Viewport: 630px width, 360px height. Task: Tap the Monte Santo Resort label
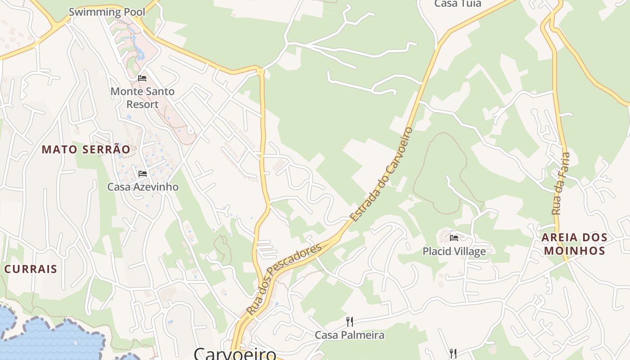[x=142, y=98]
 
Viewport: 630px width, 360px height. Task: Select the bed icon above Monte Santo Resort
[x=142, y=78]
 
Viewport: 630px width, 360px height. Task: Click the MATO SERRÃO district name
[x=86, y=149]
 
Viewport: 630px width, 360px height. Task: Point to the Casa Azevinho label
[x=143, y=187]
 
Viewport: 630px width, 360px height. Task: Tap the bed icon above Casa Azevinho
[x=143, y=174]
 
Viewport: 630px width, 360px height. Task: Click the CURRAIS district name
[x=31, y=269]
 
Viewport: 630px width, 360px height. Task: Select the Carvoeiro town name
[x=235, y=353]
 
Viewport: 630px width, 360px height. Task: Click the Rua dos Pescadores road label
[x=284, y=279]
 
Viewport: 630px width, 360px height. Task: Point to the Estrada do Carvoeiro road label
[x=382, y=174]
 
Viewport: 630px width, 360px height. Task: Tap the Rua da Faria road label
[x=561, y=183]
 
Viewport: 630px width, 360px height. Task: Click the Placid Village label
[x=454, y=251]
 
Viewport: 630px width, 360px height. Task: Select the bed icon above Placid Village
[x=454, y=238]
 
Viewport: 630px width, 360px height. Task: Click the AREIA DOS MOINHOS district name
[x=574, y=244]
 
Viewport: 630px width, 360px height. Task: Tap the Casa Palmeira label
[x=350, y=335]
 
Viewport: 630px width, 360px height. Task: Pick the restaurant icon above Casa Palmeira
[x=349, y=321]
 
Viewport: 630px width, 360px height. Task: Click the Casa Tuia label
[x=458, y=4]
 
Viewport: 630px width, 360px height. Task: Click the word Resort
[x=142, y=104]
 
